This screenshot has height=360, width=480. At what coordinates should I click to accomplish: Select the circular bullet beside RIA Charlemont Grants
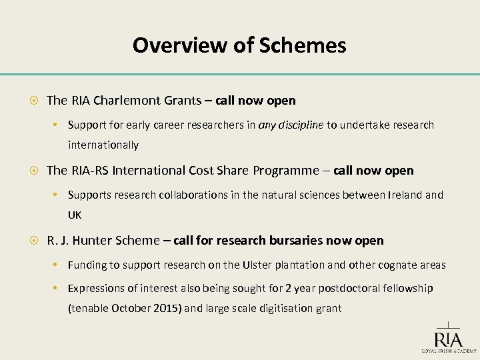click(x=33, y=101)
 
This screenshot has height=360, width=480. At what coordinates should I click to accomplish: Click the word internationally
click(x=103, y=145)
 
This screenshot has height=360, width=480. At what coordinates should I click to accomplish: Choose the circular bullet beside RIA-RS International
click(x=33, y=171)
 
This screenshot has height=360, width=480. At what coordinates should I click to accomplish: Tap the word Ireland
click(x=400, y=195)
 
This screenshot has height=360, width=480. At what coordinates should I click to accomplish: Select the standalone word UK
click(x=75, y=215)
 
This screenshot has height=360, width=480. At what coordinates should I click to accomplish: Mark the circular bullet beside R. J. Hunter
click(x=33, y=241)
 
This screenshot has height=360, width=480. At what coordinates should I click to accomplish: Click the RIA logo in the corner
click(x=448, y=335)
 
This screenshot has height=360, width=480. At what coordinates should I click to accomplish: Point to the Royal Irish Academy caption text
click(x=448, y=350)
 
